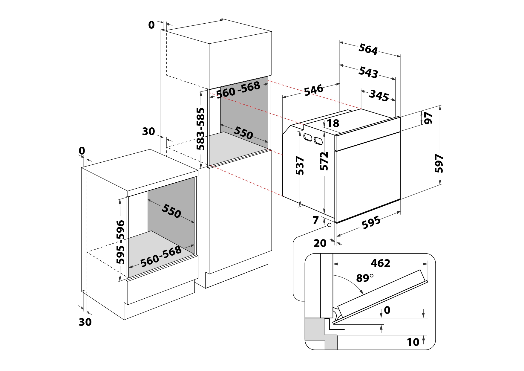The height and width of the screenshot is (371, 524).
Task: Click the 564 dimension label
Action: coord(368,49)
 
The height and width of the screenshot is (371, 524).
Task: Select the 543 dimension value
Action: coord(368,72)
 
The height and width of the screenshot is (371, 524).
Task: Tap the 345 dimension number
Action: coord(379,95)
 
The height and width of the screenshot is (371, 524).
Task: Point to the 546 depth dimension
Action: coord(313,90)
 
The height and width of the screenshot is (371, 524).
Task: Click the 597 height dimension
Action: coord(439,163)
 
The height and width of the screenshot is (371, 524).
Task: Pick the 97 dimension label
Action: coord(428,118)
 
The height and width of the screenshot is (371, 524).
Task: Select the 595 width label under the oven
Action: coord(371,222)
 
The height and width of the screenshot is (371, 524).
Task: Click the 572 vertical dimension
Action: coord(324,161)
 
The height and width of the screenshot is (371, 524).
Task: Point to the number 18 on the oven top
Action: coord(333,123)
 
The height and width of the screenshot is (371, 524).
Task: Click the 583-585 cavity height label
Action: coord(200,129)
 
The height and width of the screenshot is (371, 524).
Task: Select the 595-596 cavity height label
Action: coord(120,242)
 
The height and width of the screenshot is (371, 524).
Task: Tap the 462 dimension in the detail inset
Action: coord(380,263)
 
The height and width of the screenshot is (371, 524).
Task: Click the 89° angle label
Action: coord(364,278)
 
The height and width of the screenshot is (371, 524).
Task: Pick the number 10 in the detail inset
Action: coord(413,342)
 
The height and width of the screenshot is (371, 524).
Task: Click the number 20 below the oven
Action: coord(320,243)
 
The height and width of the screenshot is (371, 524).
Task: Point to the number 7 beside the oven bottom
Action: coord(315,220)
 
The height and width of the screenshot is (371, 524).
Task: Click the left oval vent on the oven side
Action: coord(307,137)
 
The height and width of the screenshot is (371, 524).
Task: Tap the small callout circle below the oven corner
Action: coord(329,225)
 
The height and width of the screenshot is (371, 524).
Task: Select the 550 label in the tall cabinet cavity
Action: coord(243,133)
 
